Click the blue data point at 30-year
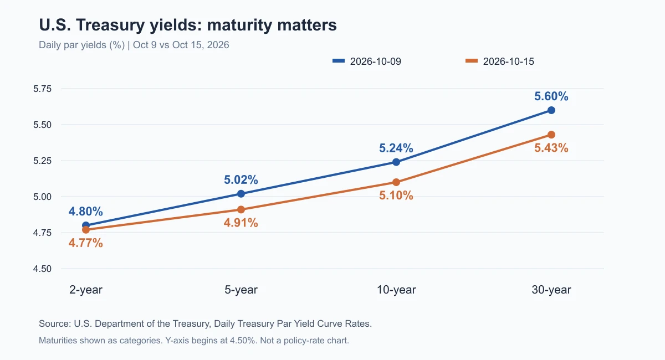(551, 110)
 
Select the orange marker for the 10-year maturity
(396, 182)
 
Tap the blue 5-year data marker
(241, 194)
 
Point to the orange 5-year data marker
(241, 209)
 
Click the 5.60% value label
(551, 96)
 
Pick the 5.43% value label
(551, 148)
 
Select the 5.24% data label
(396, 148)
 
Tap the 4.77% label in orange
(86, 243)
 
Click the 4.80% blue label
(86, 212)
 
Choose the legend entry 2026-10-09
(367, 61)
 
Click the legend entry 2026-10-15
(500, 61)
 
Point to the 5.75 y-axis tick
(42, 89)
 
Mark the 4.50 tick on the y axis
(42, 269)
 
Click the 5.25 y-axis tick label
(42, 161)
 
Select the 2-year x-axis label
(86, 290)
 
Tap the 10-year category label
(396, 290)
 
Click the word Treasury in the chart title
(110, 25)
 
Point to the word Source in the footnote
(55, 323)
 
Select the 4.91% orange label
(241, 223)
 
